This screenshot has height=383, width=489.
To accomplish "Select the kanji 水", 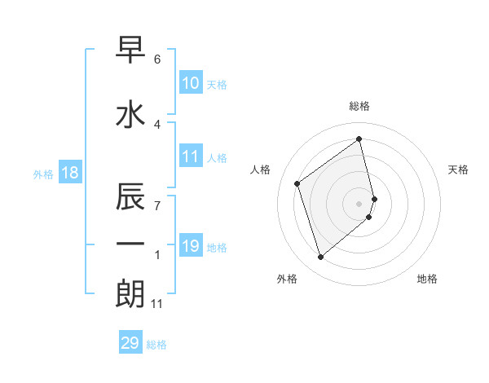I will point(130,116).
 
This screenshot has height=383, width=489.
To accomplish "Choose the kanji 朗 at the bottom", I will point(130,293).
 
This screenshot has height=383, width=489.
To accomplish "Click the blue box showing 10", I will point(191,83).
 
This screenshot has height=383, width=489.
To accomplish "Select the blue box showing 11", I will point(191,156).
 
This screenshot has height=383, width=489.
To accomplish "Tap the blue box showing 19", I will point(191,246).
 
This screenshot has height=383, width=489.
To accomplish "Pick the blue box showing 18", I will point(69,173).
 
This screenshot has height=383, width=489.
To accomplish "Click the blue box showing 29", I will point(130,343).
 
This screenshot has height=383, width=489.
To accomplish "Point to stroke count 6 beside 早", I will point(157,59).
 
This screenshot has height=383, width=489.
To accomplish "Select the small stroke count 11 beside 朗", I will point(157,304).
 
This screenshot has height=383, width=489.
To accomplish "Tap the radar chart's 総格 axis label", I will point(359,106).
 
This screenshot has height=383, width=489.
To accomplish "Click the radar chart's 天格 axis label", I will point(458,169).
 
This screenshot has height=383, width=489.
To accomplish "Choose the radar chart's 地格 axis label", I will point(427,279).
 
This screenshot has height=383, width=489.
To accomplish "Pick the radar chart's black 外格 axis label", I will point(287,279).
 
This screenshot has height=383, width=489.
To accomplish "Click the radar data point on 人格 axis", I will point(297,183).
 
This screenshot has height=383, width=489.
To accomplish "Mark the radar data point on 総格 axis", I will point(359,139).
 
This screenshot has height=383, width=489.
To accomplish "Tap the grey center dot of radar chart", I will point(359,203).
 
